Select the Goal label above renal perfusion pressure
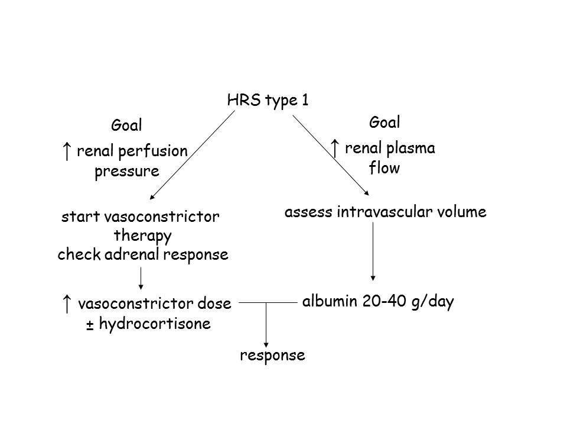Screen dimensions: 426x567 [127, 125]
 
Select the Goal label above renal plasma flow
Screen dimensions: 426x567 [384, 122]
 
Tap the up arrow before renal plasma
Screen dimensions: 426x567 [335, 149]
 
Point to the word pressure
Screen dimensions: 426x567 [127, 172]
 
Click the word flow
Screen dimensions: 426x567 [384, 169]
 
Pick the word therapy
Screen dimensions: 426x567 [142, 236]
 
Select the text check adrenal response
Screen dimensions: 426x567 [142, 255]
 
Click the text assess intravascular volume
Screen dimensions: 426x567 [385, 212]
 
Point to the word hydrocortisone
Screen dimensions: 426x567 [155, 324]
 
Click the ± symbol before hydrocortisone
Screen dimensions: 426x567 [90, 325]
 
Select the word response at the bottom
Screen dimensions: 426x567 [272, 356]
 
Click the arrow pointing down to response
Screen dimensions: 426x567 [267, 325]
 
